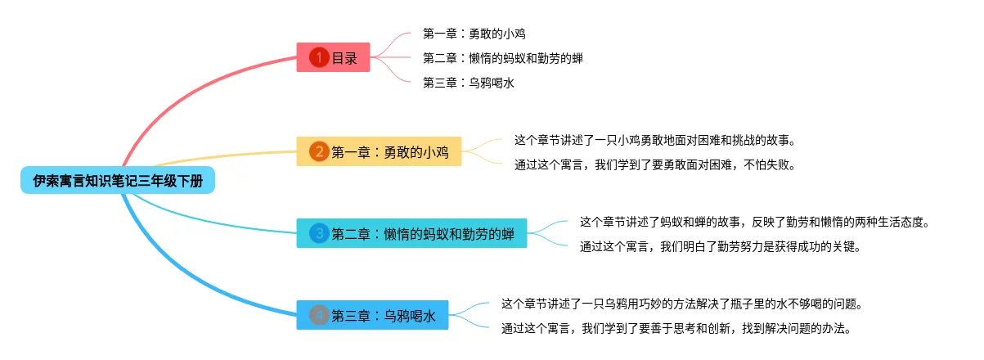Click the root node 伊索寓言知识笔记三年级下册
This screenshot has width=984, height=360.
(x=118, y=181)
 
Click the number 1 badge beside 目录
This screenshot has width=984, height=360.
(x=319, y=58)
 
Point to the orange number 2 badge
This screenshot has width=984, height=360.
(x=319, y=151)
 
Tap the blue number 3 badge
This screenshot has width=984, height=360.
(x=319, y=233)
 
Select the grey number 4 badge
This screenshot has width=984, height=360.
(x=319, y=315)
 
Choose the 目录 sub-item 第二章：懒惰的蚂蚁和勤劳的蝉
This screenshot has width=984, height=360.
(x=502, y=58)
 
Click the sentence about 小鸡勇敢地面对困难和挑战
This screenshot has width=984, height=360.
(x=654, y=140)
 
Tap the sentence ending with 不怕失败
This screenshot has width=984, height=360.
(x=654, y=164)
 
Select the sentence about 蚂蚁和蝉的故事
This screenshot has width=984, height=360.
(x=755, y=222)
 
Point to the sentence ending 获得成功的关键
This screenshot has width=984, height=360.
(x=720, y=245)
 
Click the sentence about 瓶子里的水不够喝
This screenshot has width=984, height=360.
(x=682, y=304)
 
